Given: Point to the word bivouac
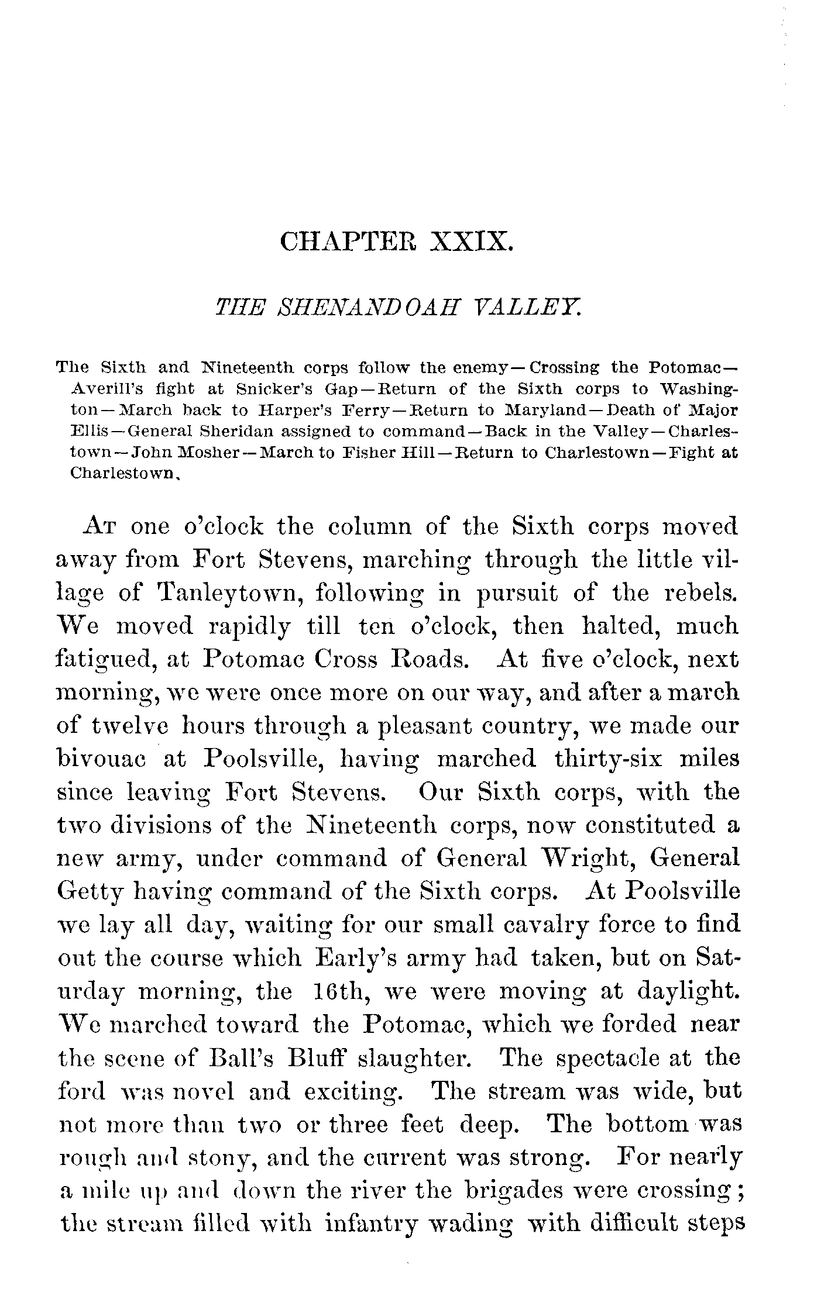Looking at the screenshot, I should [104, 759].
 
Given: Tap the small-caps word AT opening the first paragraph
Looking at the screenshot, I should [102, 528].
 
